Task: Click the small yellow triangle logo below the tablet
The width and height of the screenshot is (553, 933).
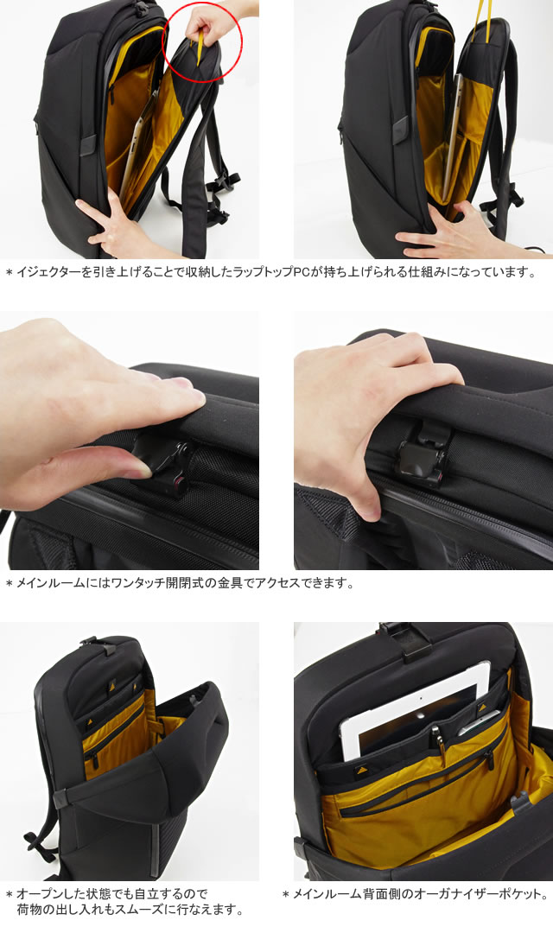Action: click(x=359, y=772)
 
